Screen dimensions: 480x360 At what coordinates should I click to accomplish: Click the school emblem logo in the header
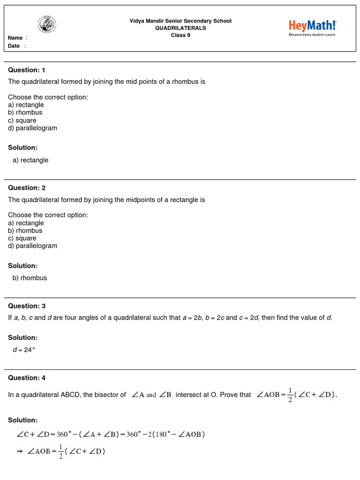(47, 24)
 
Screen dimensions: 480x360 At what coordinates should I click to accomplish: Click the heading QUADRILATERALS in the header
(180, 28)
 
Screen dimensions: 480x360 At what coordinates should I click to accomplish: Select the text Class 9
(180, 35)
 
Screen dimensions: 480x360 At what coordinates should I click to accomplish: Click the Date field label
(14, 46)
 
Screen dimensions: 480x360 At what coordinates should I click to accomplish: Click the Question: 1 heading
(27, 70)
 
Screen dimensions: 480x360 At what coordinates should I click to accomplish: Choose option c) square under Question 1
(22, 120)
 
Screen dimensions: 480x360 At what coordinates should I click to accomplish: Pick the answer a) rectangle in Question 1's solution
(30, 160)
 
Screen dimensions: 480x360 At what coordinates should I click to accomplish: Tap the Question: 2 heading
(27, 187)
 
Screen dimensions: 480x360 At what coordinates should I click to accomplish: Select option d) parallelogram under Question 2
(32, 246)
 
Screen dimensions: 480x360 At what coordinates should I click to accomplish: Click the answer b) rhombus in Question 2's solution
(30, 278)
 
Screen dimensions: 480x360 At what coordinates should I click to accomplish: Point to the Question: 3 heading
(27, 306)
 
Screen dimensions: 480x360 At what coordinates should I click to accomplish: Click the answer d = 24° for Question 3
(24, 349)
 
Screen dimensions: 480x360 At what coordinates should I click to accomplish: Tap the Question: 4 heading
(27, 378)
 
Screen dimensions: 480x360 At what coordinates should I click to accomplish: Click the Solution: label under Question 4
(22, 420)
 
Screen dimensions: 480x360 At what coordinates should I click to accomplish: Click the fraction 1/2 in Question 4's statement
(290, 395)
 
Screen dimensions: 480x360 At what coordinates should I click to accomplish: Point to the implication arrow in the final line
(20, 452)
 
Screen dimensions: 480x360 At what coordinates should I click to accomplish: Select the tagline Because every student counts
(312, 35)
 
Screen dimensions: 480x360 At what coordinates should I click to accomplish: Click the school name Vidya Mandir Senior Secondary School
(180, 21)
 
